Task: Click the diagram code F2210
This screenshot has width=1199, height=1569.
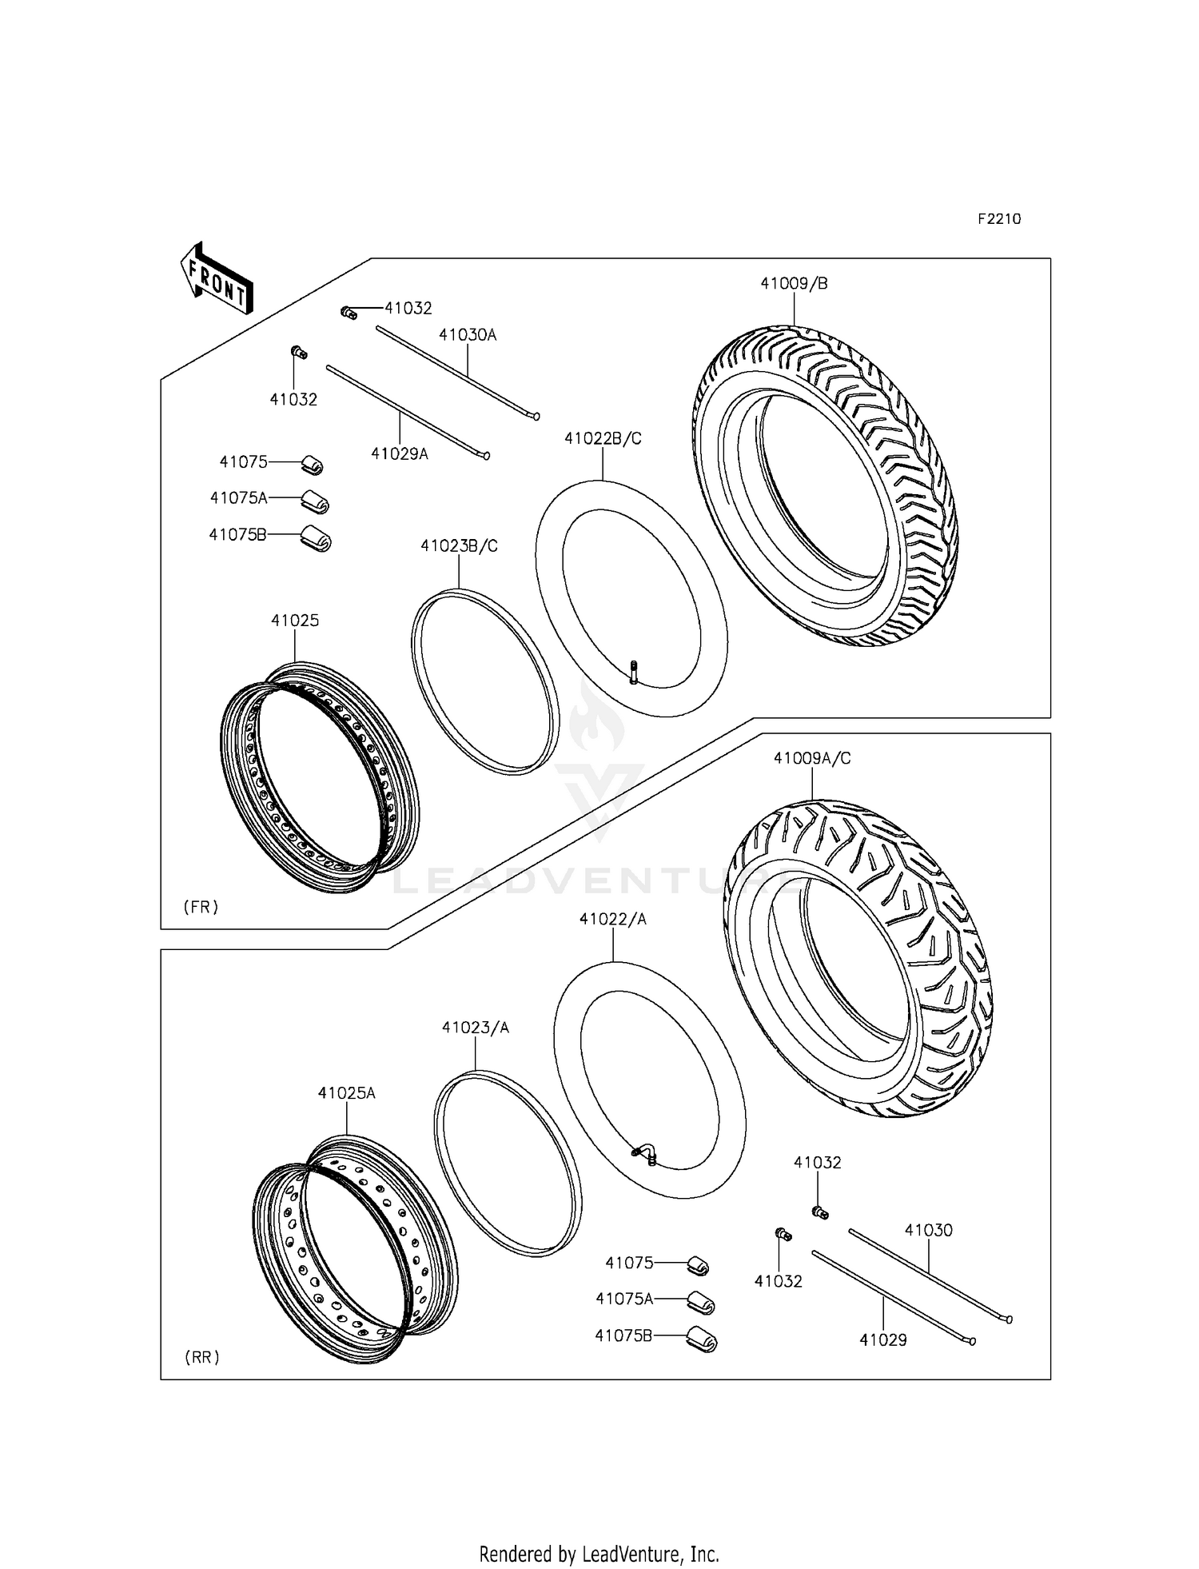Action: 999,219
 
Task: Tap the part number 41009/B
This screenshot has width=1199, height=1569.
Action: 793,283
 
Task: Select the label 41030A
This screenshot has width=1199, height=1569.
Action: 468,335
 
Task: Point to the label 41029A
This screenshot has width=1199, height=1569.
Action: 400,454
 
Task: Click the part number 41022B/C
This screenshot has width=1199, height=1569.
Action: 603,438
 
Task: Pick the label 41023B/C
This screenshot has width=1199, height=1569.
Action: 459,545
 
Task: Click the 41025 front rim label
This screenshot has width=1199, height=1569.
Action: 295,620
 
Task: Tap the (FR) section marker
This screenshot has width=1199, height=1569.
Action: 201,907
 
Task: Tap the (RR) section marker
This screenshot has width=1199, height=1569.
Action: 201,1357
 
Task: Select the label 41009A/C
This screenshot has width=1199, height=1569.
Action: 812,758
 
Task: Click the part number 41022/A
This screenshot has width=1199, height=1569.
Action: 613,920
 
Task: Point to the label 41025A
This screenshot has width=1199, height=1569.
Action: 346,1092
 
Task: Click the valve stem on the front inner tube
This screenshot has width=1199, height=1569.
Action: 634,671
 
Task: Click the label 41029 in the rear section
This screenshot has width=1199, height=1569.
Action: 883,1339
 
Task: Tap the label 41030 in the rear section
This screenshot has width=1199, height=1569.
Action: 929,1231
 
